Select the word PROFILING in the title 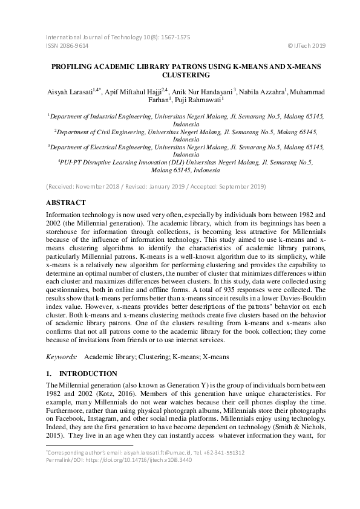[x=71, y=65]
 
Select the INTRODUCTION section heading [x=91, y=374]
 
